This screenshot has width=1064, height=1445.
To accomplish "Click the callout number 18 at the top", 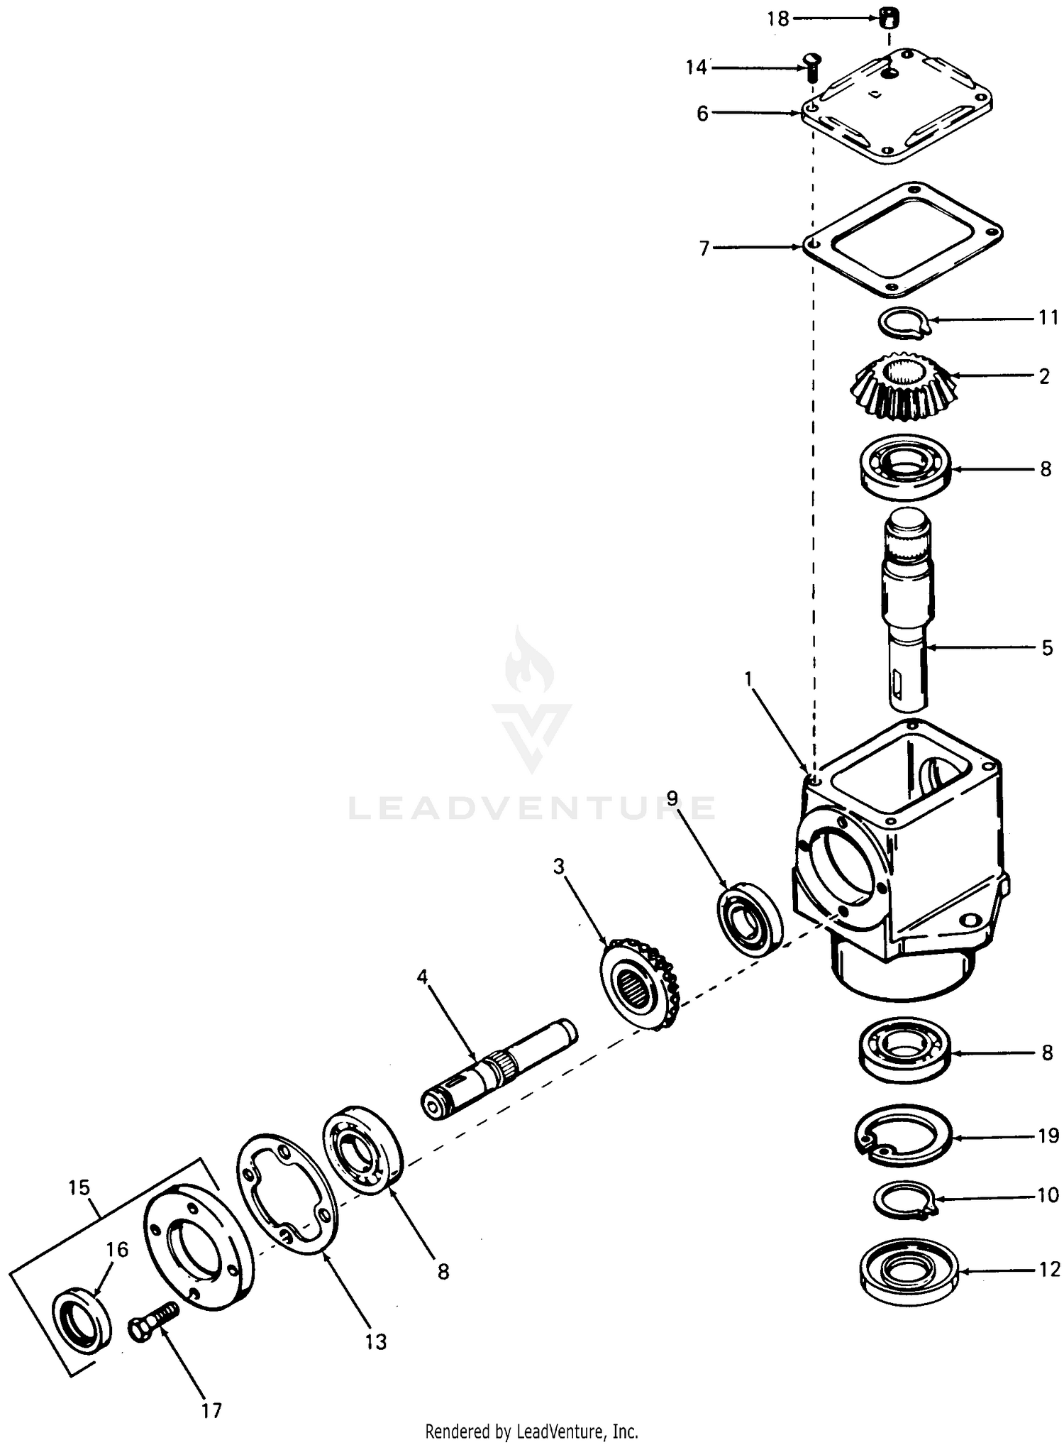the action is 778,20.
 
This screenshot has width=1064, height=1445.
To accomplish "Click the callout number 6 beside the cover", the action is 702,114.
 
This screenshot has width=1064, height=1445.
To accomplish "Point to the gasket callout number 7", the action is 704,248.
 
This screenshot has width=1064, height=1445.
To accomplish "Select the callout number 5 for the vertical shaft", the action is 1047,648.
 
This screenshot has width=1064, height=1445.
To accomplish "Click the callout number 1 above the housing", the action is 748,679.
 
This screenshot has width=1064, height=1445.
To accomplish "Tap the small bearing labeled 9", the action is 750,920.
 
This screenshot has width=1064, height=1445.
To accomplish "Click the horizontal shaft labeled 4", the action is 498,1069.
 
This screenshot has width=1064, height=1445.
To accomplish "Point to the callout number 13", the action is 376,1341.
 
